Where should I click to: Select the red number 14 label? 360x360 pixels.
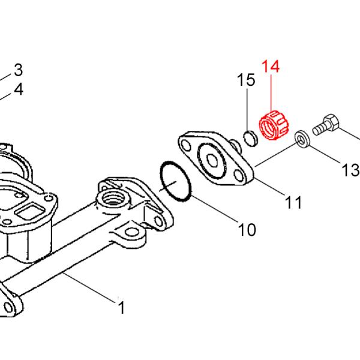point(270,67)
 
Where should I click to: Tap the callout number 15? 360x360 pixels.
point(246,80)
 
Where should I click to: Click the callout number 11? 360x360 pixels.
point(293,203)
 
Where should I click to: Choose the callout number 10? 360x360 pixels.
point(247,229)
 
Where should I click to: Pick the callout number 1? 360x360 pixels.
point(121,308)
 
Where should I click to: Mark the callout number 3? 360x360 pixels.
point(18,70)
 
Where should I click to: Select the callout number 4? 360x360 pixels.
point(18,90)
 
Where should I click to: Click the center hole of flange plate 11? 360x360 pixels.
point(214,159)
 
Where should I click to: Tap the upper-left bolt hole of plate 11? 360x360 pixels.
point(187,144)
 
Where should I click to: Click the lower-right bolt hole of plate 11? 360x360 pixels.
point(241,176)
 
